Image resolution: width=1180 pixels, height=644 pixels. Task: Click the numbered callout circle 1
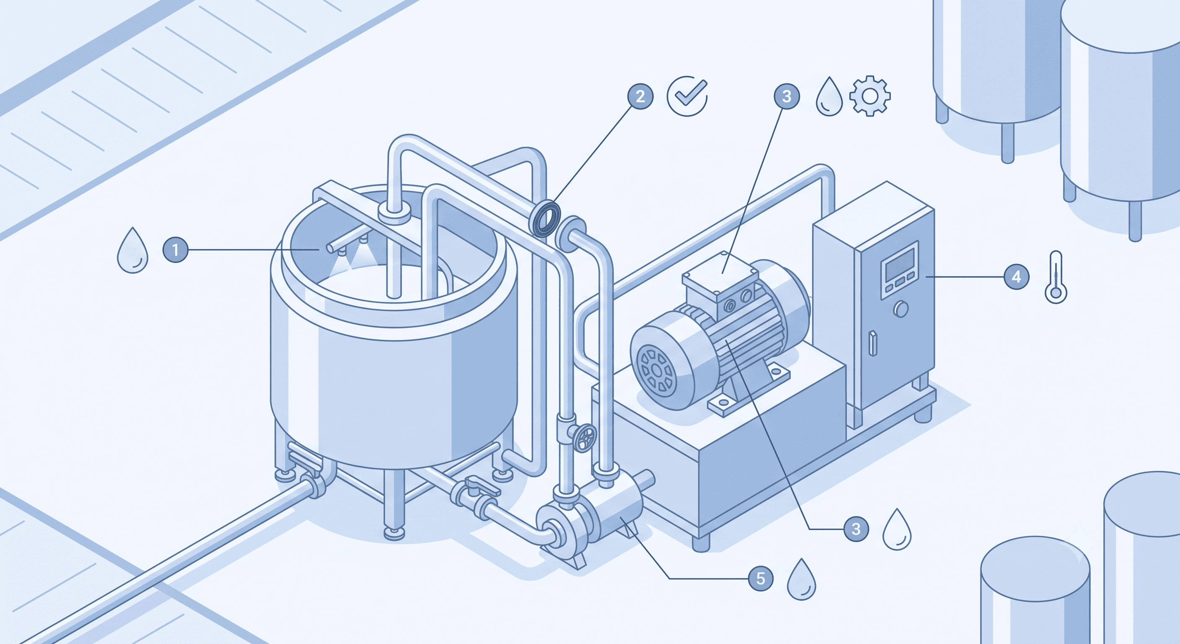(176, 250)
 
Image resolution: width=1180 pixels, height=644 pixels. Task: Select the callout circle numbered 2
(640, 97)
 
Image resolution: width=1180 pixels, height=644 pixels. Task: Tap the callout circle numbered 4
(1017, 277)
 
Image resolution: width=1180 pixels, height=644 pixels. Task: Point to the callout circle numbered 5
(761, 579)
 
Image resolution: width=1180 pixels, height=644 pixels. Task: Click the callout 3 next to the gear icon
(787, 97)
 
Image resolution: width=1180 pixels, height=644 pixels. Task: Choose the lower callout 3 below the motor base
(856, 529)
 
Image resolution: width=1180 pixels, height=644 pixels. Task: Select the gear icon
(870, 96)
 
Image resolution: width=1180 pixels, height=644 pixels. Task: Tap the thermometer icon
(1056, 277)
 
